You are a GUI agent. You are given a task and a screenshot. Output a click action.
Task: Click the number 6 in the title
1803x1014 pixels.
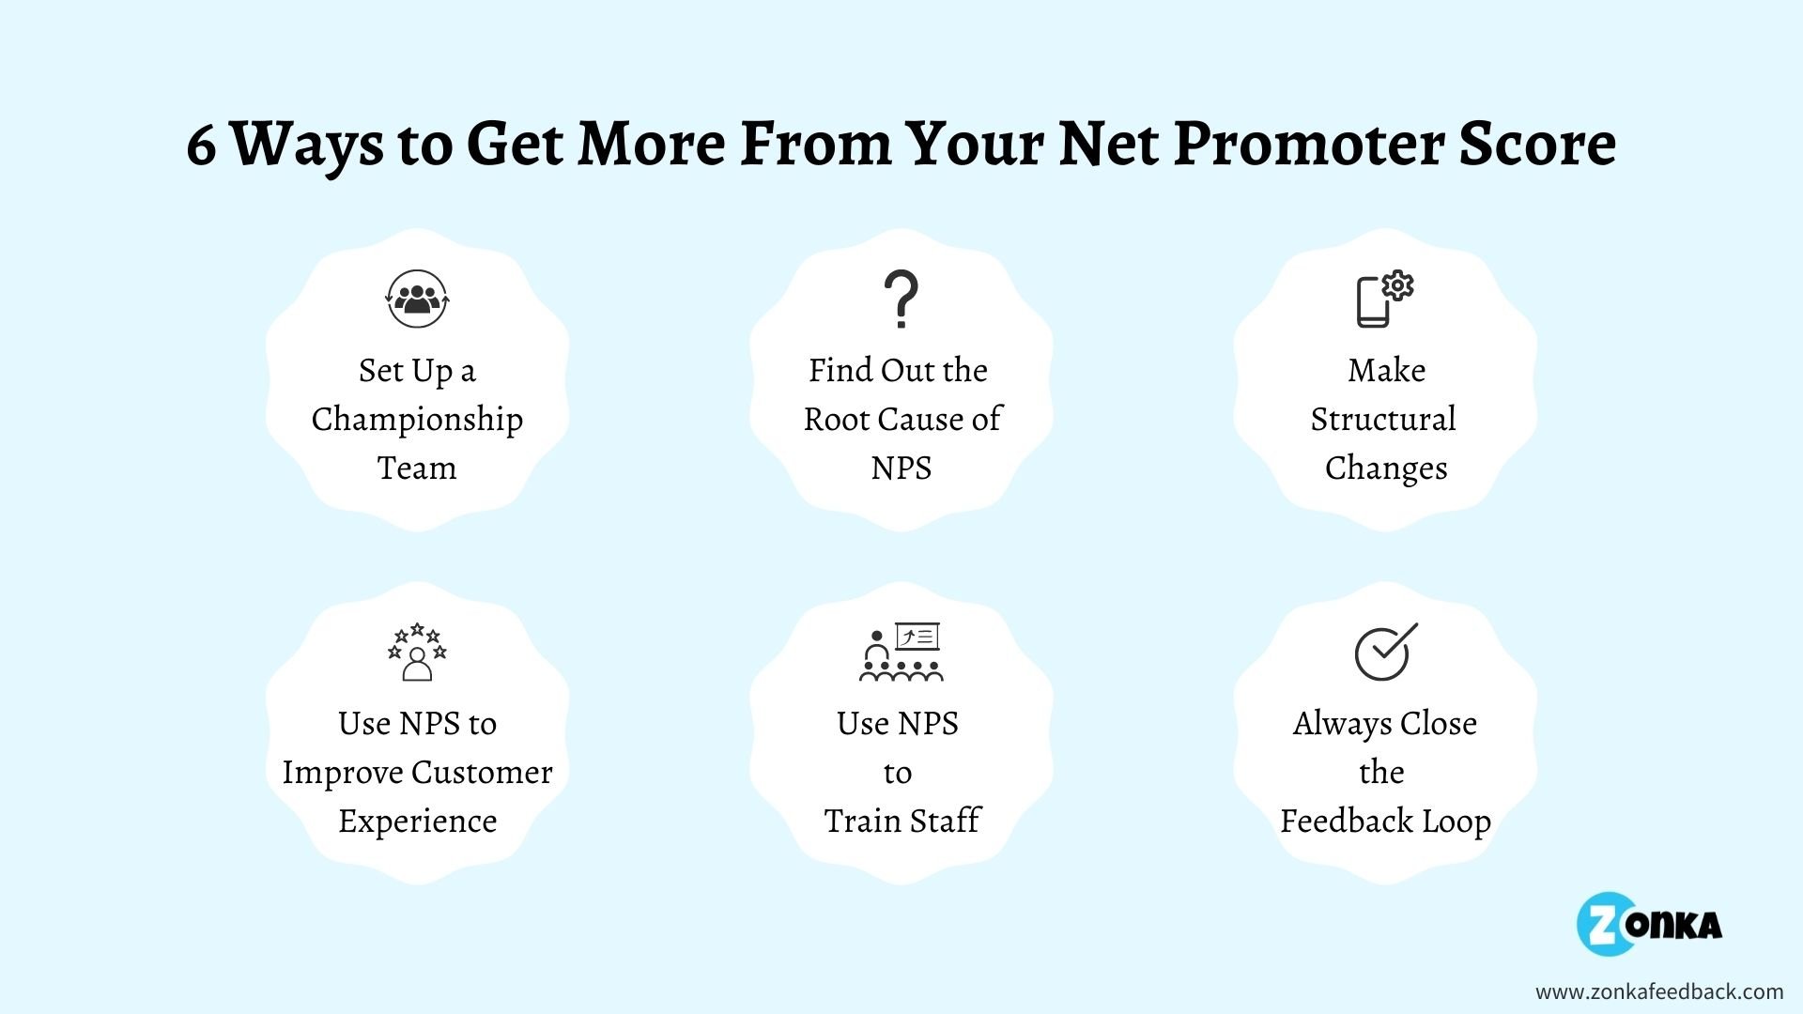coord(200,146)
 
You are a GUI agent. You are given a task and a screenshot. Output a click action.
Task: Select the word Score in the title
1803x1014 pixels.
coord(1536,146)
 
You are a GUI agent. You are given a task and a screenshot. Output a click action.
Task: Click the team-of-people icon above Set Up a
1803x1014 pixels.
coord(417,299)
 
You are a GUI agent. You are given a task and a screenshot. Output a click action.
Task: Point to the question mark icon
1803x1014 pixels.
coord(901,300)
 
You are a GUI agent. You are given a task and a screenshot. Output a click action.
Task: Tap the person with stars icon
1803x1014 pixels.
coord(417,652)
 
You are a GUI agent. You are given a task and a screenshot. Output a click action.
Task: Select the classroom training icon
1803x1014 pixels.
coord(901,651)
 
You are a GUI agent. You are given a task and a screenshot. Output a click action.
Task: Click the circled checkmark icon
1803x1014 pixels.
coord(1384,652)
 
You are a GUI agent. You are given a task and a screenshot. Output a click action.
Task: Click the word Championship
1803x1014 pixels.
coord(417,419)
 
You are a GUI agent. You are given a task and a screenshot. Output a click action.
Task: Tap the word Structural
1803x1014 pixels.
coord(1383,419)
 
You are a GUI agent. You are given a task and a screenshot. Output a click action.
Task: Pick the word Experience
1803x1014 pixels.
coord(417,821)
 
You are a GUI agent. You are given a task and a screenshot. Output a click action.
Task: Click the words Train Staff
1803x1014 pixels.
coord(901,821)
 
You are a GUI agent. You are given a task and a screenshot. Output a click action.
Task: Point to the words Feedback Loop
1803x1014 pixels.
coord(1385,821)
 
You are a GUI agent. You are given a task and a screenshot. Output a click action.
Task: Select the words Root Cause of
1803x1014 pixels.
coord(901,419)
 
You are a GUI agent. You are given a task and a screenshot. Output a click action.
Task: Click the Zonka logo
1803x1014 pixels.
coord(1650,924)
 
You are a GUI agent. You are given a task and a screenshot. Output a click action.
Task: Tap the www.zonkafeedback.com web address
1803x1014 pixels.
coord(1658,991)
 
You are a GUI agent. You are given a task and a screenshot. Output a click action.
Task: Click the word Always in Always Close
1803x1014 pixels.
coord(1342,723)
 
